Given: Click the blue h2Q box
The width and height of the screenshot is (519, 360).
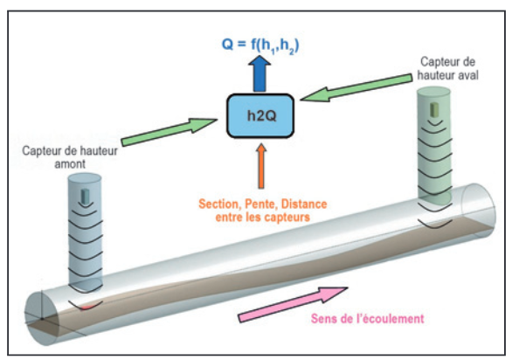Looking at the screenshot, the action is click(260, 116).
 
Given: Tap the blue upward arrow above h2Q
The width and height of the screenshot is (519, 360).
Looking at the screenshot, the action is click(259, 73).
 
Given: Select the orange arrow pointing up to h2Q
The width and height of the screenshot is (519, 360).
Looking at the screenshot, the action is click(261, 166).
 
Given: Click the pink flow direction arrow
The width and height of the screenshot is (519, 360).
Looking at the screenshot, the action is click(293, 303).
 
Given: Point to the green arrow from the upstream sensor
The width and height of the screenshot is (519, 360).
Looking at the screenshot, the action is click(169, 131).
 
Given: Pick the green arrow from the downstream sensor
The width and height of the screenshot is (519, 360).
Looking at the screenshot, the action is click(356, 87).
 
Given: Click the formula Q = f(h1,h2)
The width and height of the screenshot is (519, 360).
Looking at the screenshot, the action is click(260, 45).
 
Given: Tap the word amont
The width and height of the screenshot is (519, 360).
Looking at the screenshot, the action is click(70, 164).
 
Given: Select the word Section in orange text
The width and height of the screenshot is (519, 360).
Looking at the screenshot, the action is click(218, 204).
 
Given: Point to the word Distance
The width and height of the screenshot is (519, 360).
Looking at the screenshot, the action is click(304, 204).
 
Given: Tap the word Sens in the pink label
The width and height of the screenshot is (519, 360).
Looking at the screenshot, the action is click(322, 319).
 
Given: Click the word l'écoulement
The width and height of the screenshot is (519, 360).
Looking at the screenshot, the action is click(389, 318).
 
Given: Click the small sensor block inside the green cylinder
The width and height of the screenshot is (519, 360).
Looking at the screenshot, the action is click(434, 109).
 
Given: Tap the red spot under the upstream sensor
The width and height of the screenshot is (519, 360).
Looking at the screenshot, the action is click(86, 308).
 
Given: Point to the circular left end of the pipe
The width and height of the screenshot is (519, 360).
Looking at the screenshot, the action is click(41, 318).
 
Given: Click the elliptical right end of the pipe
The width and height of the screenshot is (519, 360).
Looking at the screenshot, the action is click(479, 211).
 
